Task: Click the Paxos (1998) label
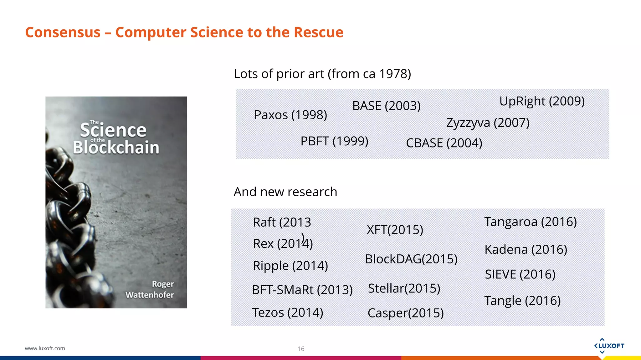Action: coord(290,115)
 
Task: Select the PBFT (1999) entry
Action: coord(334,141)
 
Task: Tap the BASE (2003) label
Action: coord(386,106)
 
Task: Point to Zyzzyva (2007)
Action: coord(488,123)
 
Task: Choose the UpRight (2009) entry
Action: coord(542,101)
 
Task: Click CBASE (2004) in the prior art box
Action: coord(444,143)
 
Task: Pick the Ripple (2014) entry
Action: coord(290,266)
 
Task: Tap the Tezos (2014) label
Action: coord(287,312)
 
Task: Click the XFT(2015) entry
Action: coord(395,230)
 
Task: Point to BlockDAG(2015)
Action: coord(411,259)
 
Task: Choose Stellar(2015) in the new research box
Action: coord(404,288)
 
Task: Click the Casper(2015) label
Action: coord(405,313)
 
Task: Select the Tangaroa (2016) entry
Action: coord(531,222)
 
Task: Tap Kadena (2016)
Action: coord(526,250)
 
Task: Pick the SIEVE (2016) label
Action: coord(520,274)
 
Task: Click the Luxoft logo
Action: coord(609,346)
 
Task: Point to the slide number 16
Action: coord(301,349)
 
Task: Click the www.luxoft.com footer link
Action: coord(45,348)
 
